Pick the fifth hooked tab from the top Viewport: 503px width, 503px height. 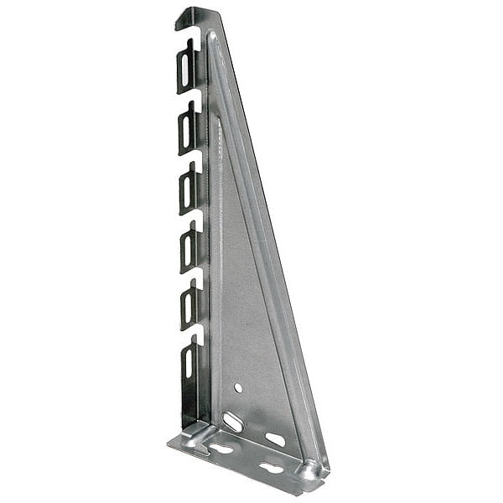(189, 307)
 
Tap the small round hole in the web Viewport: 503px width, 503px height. (238, 388)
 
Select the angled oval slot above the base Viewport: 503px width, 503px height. (234, 421)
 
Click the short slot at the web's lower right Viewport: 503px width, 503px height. (275, 438)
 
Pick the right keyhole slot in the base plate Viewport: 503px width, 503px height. (270, 467)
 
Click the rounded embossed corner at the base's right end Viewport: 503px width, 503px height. (311, 471)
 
